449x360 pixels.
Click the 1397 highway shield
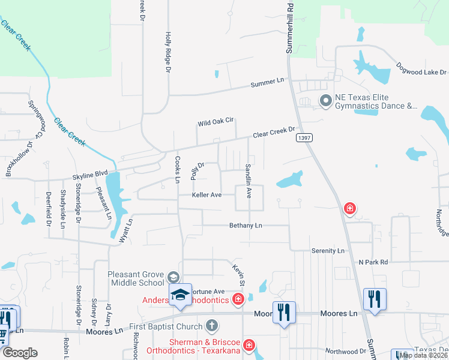pos(304,138)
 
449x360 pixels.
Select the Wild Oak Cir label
pos(215,124)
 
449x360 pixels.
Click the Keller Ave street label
pos(207,195)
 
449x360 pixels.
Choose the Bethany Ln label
pos(246,226)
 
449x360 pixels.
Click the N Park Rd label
pos(373,262)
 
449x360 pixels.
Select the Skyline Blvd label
pos(90,177)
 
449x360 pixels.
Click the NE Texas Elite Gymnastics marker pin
pos(325,101)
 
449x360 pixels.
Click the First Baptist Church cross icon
pos(211,326)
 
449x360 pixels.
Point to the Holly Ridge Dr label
pos(169,53)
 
